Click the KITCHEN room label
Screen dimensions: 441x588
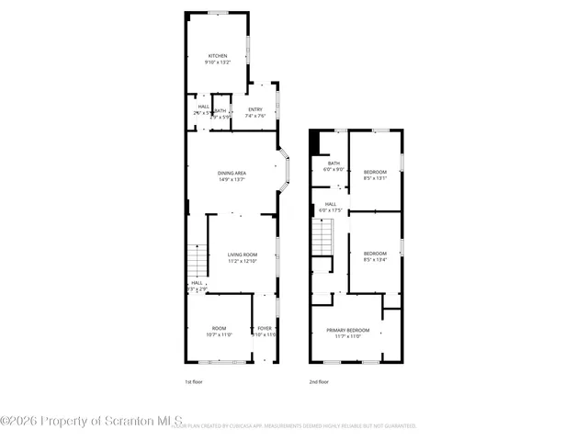[217, 56]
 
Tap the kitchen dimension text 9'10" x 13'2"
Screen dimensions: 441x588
[217, 62]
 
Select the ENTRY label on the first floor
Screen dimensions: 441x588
[254, 110]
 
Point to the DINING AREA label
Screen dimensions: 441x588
[232, 174]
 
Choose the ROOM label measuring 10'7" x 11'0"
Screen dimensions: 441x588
[219, 328]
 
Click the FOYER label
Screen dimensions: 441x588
[265, 328]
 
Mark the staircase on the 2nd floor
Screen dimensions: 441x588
[321, 241]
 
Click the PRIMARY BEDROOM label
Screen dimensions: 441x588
[347, 330]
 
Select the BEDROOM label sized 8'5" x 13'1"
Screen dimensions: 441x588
[375, 173]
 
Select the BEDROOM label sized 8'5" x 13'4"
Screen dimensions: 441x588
[375, 254]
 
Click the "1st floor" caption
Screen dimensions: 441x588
[196, 381]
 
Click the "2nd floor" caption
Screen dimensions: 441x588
[319, 381]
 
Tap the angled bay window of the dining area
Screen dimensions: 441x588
[286, 170]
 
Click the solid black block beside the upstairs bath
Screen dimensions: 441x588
[315, 142]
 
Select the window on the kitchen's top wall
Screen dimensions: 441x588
[218, 12]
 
